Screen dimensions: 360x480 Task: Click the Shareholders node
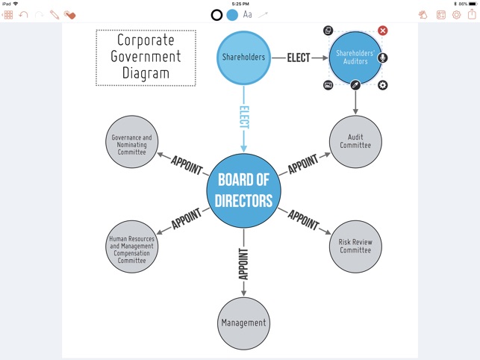coord(243,58)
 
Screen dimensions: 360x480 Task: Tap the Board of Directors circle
coord(243,190)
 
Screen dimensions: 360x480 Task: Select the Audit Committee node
coord(355,141)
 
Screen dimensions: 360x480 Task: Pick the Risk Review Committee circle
coord(355,246)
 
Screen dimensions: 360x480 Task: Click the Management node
coord(243,323)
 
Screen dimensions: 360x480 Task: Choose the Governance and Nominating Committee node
coord(131,141)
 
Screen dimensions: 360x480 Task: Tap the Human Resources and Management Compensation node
coord(131,246)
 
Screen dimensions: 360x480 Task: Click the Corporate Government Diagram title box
coord(146,58)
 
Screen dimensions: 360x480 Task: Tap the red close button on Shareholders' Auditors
coord(383,31)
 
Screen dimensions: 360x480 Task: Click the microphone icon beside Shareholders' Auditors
coord(383,58)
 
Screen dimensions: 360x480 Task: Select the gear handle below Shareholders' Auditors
coord(383,85)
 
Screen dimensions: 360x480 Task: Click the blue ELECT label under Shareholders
coord(244,117)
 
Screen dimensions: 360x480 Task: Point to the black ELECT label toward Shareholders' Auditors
coord(299,58)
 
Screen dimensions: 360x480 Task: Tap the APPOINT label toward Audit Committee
coord(303,164)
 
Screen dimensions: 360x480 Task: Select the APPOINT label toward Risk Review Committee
coord(304,220)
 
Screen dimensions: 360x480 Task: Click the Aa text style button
coord(247,14)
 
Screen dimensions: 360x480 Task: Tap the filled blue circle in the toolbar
coord(232,14)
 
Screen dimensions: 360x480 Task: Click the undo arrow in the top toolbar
coord(23,14)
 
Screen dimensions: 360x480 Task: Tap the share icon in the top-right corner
coord(472,14)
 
